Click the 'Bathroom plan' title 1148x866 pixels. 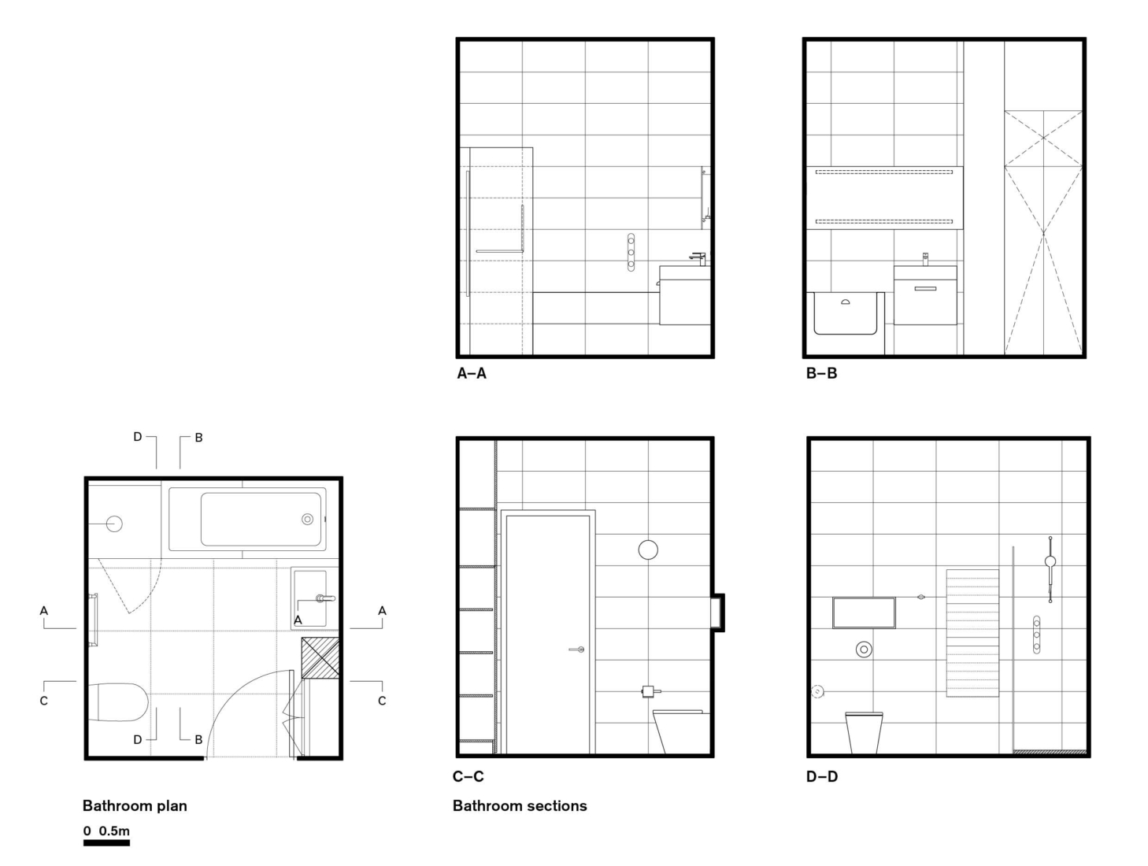tap(135, 805)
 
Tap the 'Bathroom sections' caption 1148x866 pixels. tap(520, 805)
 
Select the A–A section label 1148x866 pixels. tap(472, 373)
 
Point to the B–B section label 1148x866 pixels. tap(821, 373)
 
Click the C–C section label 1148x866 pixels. tap(468, 776)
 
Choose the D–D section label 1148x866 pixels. tap(821, 776)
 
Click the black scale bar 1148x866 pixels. tap(106, 843)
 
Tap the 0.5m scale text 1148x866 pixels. tap(114, 831)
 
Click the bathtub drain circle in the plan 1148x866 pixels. tap(307, 519)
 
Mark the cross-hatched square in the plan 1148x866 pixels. tap(320, 657)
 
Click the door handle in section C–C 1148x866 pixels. tap(577, 649)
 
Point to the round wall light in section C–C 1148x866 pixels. tap(647, 550)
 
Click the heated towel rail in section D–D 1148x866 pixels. tap(972, 633)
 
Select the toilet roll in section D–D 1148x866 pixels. tap(818, 691)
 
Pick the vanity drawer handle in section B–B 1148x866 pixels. tap(925, 288)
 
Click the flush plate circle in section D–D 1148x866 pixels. tap(864, 649)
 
